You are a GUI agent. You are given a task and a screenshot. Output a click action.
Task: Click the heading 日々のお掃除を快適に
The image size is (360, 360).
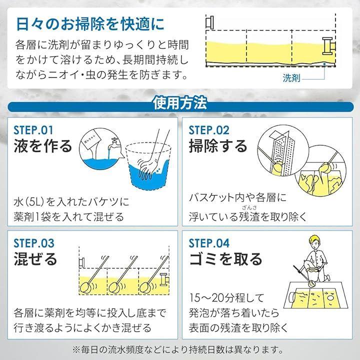pos(90,24)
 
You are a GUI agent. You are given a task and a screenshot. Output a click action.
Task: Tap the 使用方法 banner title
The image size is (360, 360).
pos(180,103)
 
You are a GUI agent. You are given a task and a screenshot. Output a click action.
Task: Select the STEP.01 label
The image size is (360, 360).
pos(33,130)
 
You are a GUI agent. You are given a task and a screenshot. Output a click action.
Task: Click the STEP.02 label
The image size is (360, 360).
pos(209,130)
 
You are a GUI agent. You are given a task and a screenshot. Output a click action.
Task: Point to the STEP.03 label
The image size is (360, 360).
pos(34,243)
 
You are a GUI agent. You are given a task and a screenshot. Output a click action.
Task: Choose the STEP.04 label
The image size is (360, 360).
pos(209,243)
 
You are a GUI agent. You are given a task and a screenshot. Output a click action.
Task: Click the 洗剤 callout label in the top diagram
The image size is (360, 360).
pos(291,78)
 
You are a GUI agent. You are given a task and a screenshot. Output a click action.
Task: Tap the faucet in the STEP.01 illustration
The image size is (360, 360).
pos(112,143)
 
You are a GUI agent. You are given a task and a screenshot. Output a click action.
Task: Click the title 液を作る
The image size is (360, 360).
pos(43,146)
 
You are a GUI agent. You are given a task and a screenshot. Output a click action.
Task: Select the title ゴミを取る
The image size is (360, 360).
pos(225,259)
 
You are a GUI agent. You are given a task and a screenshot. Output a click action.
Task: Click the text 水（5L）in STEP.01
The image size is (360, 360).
pos(28,202)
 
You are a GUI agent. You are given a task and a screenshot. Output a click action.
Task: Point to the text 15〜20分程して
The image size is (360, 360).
pos(226,298)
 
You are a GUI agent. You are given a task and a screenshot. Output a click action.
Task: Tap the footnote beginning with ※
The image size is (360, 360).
pos(178,349)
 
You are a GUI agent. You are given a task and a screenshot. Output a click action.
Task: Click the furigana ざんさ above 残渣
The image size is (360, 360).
pos(249,208)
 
